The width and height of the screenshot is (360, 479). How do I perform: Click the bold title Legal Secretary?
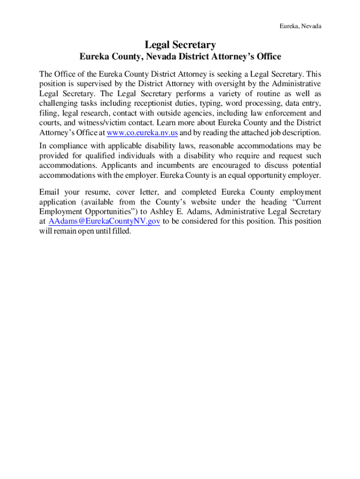tap(180, 45)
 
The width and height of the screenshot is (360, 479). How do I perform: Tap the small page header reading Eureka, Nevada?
tap(300, 26)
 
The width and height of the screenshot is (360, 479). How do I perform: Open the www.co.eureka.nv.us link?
tap(142, 132)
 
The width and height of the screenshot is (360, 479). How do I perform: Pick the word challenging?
tap(58, 103)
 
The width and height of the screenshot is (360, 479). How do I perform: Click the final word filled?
tap(121, 231)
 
